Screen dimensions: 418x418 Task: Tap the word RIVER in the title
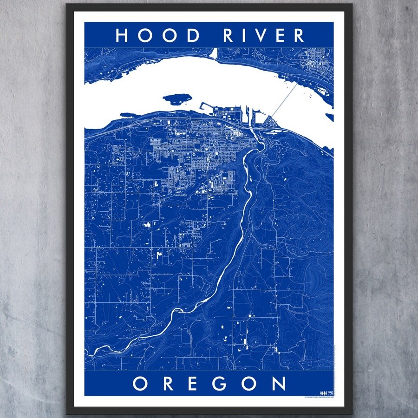tap(263, 35)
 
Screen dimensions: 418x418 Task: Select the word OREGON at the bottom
tap(209, 384)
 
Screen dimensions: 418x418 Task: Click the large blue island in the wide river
tap(177, 98)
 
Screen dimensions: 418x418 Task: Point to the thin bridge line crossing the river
tap(284, 100)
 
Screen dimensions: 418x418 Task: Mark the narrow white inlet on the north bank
tap(214, 54)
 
